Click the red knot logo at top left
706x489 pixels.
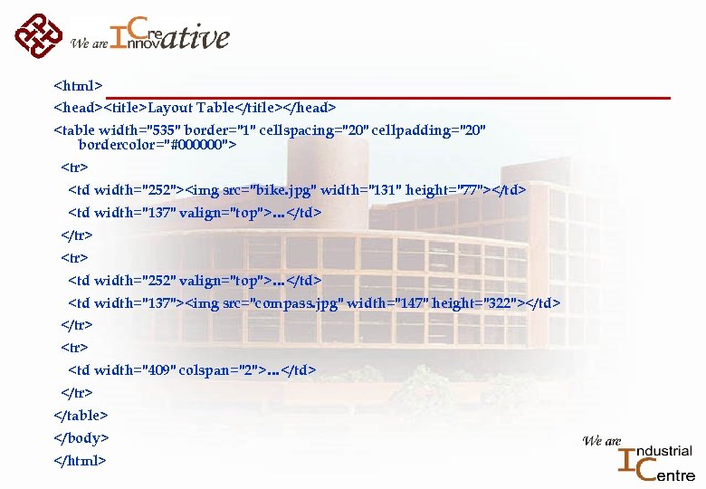click(x=39, y=34)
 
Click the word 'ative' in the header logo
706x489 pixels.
click(x=196, y=37)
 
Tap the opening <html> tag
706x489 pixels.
click(x=78, y=87)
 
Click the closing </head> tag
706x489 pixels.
click(x=310, y=108)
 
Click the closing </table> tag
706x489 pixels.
click(x=81, y=415)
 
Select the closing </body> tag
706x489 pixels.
click(x=81, y=437)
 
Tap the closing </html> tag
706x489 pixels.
click(x=81, y=460)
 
